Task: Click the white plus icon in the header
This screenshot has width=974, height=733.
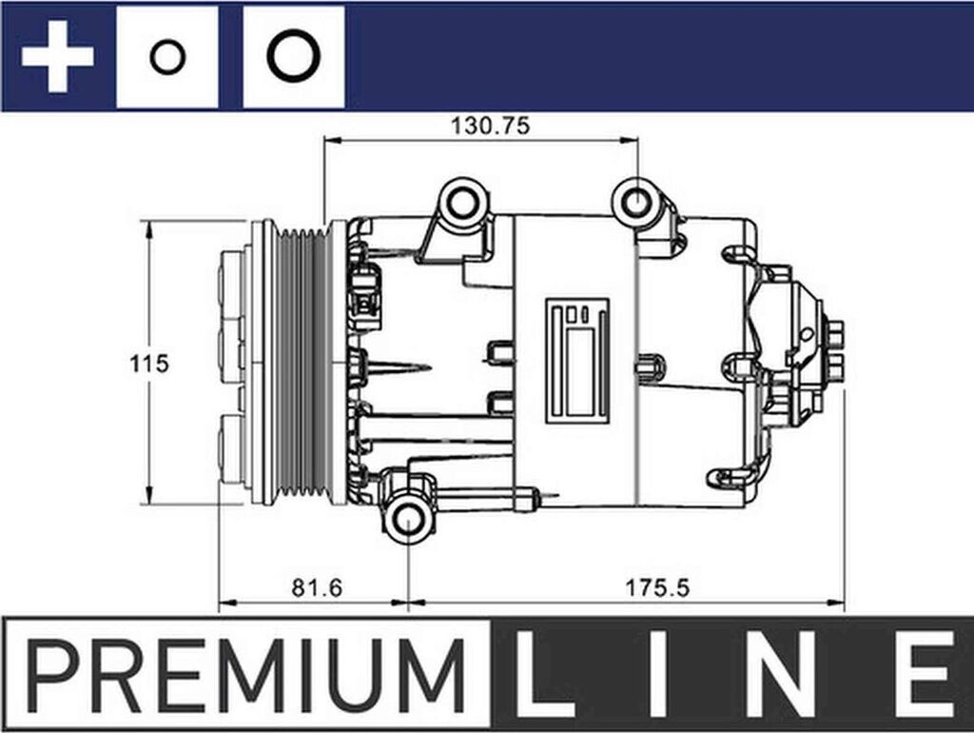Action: pyautogui.click(x=57, y=57)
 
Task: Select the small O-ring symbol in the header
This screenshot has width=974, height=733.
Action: pyautogui.click(x=166, y=57)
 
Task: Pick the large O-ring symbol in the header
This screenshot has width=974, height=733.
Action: pyautogui.click(x=292, y=56)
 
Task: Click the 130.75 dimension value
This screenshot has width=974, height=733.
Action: pyautogui.click(x=482, y=125)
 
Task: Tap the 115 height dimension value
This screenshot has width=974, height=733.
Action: pyautogui.click(x=148, y=364)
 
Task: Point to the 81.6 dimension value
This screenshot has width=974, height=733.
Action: pyautogui.click(x=316, y=588)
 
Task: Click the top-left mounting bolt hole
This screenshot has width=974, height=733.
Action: pyautogui.click(x=463, y=202)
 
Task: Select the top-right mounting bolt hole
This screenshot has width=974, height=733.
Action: pyautogui.click(x=634, y=202)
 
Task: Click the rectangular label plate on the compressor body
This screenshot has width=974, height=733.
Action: pyautogui.click(x=576, y=360)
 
